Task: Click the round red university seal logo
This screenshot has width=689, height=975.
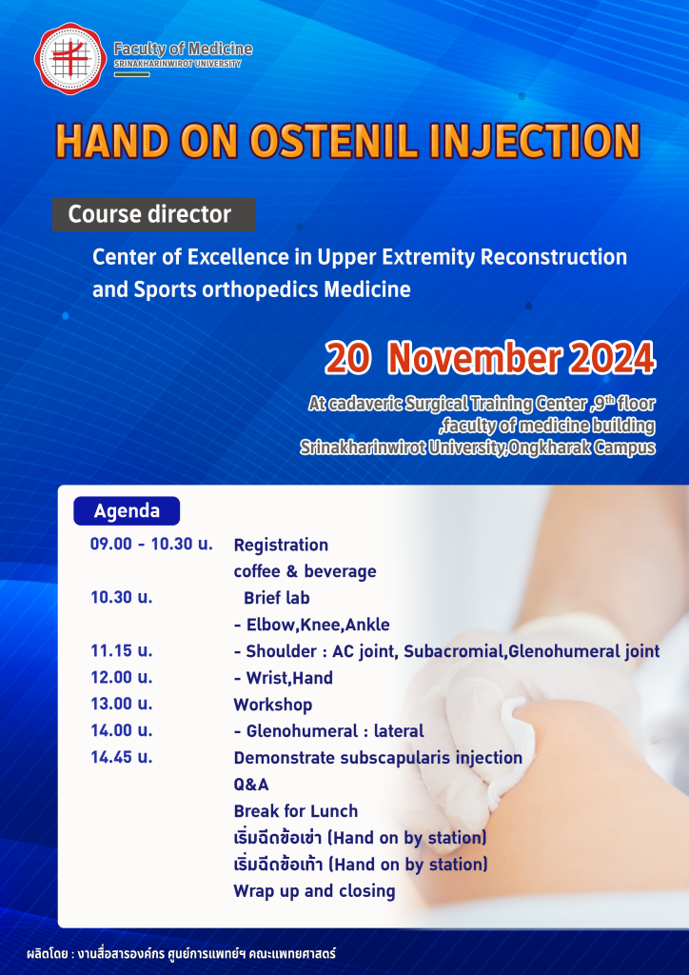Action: click(x=70, y=58)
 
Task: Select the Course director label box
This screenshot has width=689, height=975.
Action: click(x=153, y=214)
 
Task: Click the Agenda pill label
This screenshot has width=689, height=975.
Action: click(x=127, y=511)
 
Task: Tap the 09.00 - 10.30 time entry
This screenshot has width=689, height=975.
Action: click(x=151, y=544)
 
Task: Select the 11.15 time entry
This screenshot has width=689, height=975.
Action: click(x=122, y=651)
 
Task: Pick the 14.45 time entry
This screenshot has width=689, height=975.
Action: click(x=122, y=757)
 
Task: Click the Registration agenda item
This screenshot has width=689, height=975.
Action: click(x=281, y=546)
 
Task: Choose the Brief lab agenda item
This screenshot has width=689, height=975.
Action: click(x=277, y=598)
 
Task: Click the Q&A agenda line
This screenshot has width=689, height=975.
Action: click(x=251, y=785)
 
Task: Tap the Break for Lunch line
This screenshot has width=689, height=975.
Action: click(x=296, y=811)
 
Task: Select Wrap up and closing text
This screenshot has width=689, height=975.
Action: click(x=314, y=891)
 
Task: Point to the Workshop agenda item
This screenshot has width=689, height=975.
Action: click(x=273, y=706)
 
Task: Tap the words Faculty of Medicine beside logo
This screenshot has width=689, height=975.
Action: click(x=184, y=49)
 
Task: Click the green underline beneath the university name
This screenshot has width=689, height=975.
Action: click(x=131, y=74)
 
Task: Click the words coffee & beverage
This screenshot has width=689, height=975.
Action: click(x=305, y=571)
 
